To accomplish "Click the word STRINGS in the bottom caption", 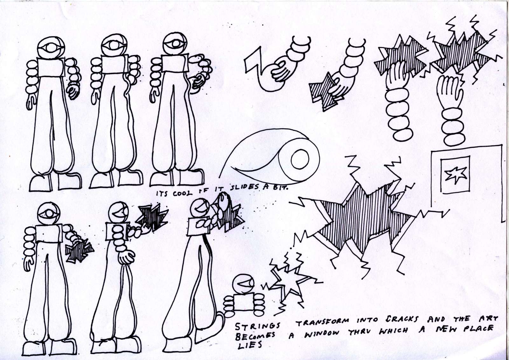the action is (257, 327).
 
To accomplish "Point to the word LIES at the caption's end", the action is (250, 345).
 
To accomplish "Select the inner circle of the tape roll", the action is (300, 159).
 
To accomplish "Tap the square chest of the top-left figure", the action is (51, 67).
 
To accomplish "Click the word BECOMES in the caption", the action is (255, 336).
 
